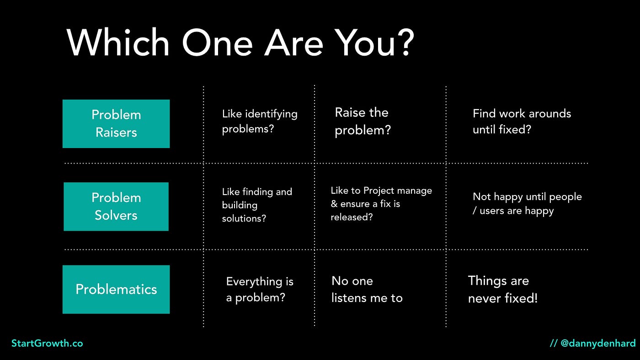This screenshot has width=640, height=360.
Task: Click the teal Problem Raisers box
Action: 116,124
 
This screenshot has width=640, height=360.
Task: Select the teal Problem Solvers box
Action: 116,206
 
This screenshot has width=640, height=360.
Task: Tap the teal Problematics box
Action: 116,290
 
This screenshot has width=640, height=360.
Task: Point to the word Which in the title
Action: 118,42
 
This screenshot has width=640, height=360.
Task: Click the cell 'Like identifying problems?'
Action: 260,122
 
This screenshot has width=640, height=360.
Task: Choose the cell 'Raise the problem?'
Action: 363,122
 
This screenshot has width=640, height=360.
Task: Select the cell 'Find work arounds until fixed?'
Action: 522,122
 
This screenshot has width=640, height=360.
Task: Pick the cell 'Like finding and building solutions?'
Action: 257,205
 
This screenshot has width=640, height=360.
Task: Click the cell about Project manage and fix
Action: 381,204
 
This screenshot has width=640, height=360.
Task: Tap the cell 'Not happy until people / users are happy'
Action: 527,204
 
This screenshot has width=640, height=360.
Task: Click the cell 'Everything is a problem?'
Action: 260,290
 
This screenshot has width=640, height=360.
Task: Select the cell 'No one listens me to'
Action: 367,290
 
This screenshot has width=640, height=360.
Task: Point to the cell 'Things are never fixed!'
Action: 503,290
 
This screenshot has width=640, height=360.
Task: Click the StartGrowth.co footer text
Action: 47,343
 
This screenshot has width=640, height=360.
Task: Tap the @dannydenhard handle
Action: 598,343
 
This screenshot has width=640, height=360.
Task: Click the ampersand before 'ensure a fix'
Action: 334,204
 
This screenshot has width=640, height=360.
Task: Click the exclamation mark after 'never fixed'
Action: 536,298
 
